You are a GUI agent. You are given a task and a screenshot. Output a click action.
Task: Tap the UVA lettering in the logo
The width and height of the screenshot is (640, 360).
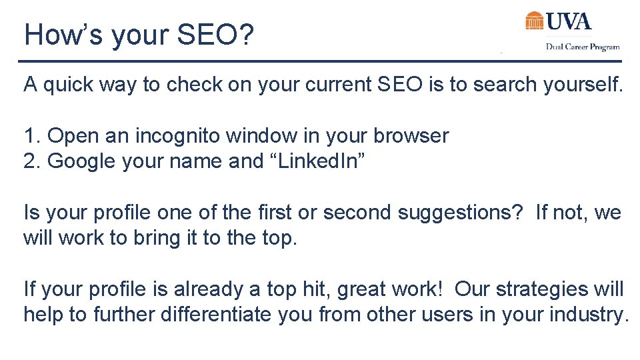569,21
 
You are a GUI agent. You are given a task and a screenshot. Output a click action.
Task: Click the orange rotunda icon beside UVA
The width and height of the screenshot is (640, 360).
535,21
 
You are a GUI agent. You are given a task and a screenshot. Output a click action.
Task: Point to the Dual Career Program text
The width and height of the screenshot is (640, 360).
583,47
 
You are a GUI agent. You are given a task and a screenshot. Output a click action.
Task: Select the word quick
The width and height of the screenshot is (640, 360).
75,85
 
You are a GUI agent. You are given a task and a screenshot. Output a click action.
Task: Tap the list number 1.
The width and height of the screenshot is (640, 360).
31,136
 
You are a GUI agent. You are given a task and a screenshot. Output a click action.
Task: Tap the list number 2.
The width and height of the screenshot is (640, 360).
31,161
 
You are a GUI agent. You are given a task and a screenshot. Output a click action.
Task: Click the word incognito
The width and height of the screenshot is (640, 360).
179,136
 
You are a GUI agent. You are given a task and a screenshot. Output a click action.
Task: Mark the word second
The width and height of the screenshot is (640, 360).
357,213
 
